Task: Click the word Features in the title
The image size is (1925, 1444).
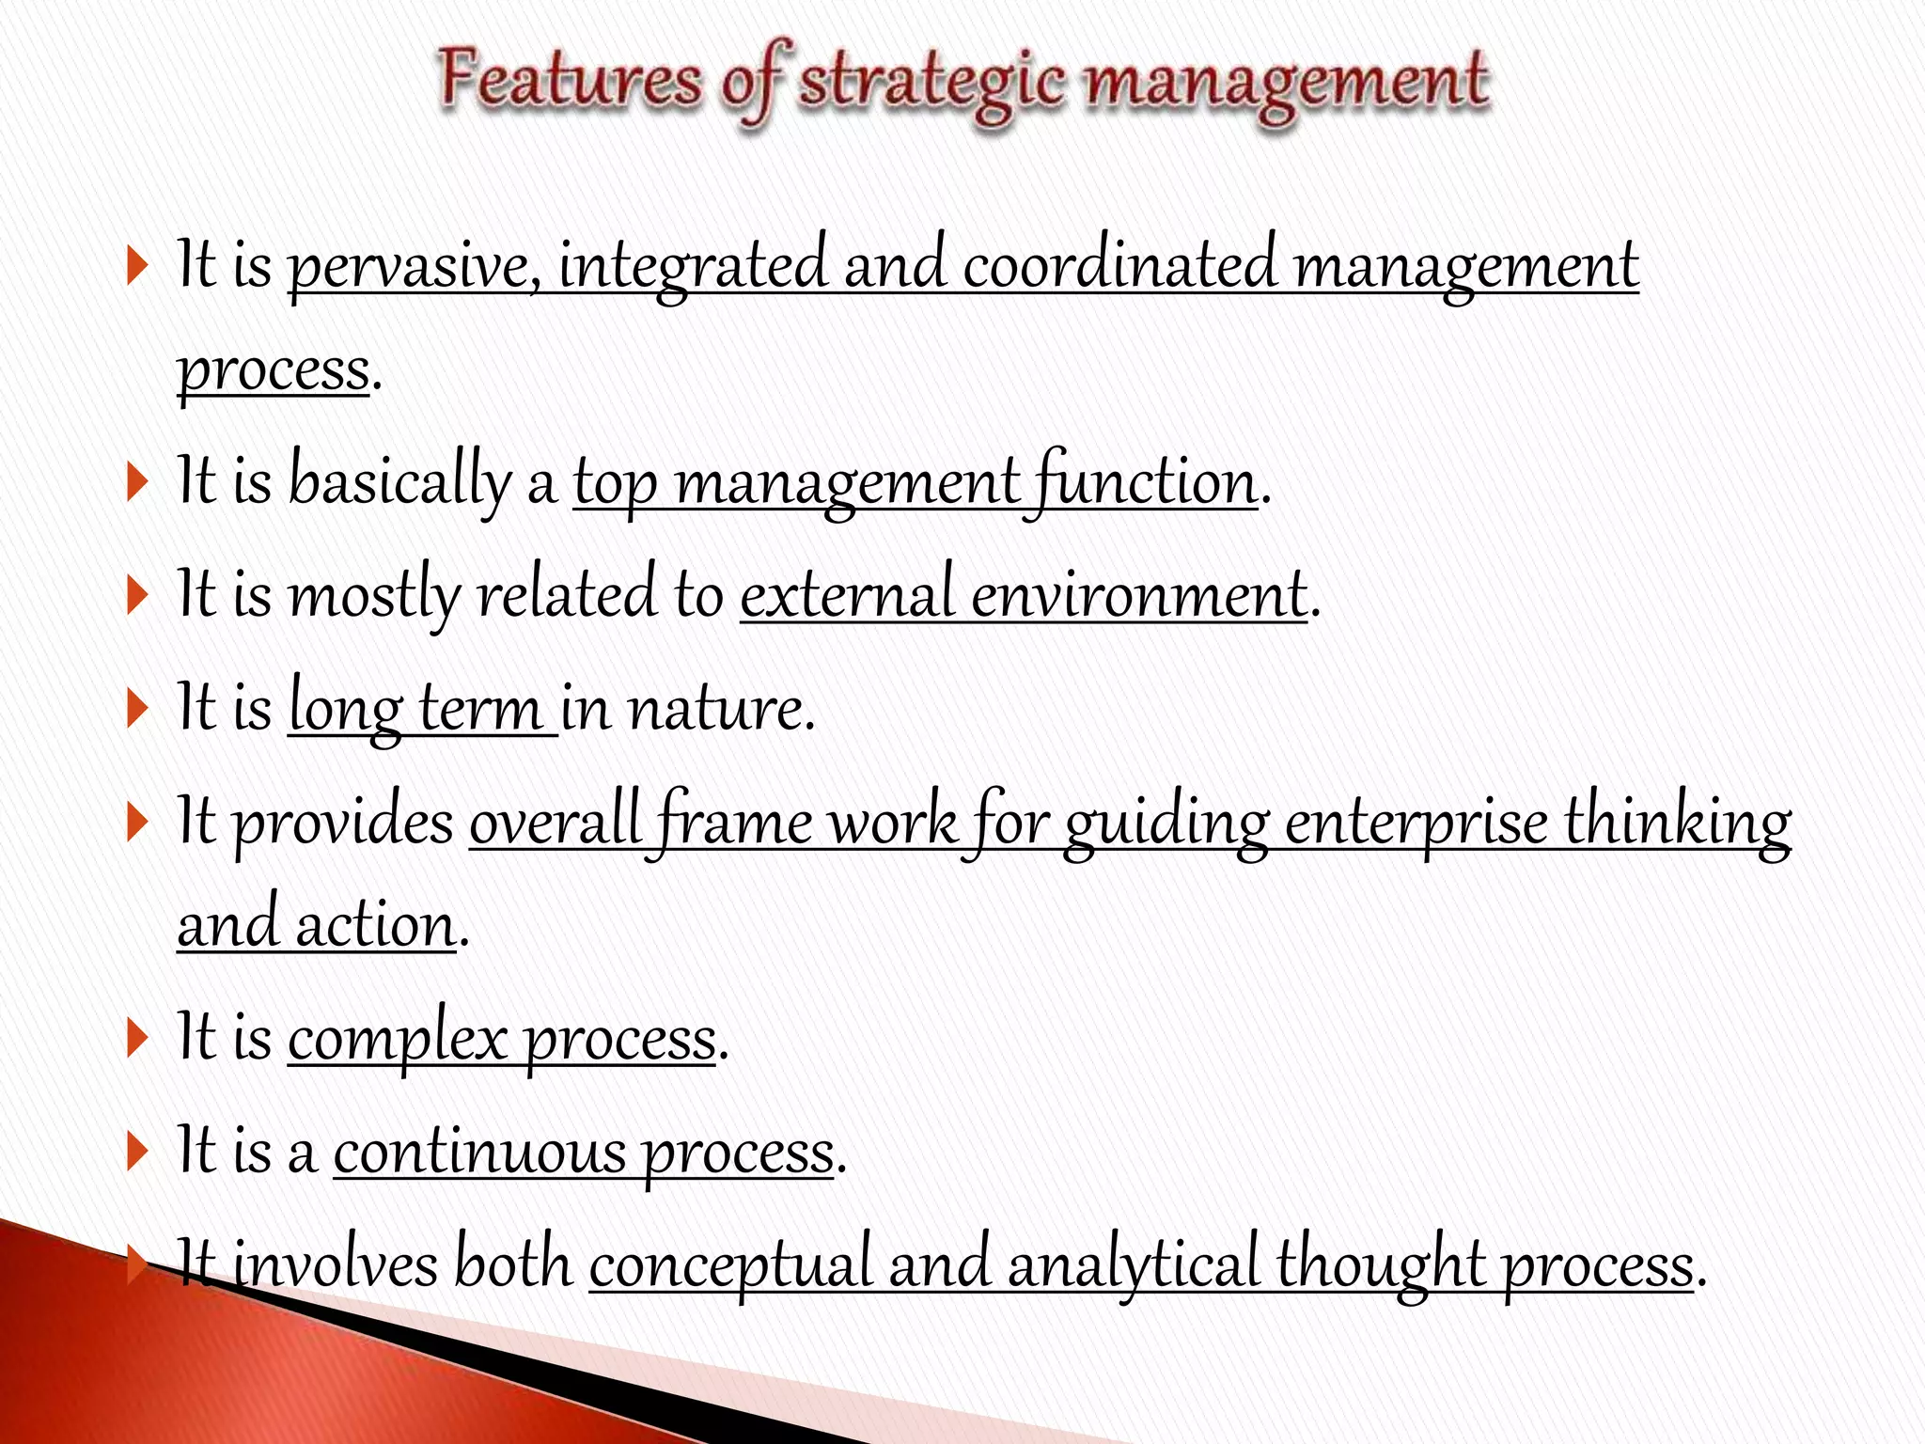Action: [x=570, y=81]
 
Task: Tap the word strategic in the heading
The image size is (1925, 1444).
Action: [x=931, y=85]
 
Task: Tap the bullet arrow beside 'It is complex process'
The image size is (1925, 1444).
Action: [x=137, y=1040]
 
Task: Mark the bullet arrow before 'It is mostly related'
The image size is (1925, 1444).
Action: [x=137, y=596]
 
